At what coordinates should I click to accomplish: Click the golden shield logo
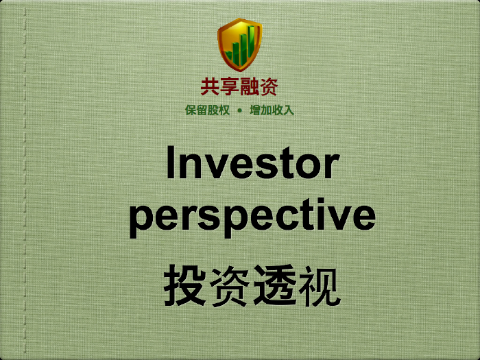240,45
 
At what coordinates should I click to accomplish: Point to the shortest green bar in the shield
228,56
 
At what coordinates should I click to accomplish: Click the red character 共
211,86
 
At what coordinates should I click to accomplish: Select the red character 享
230,86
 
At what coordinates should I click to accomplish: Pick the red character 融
249,86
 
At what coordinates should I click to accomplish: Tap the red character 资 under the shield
269,86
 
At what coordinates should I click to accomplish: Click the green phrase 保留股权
207,110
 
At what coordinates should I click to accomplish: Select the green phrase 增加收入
272,110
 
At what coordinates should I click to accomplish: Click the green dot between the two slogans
240,110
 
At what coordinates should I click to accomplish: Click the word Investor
253,163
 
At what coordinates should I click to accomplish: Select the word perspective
252,217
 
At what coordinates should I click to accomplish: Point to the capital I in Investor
171,163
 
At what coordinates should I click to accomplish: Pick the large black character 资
230,286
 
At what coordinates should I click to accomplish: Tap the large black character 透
275,286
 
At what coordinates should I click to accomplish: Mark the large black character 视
319,286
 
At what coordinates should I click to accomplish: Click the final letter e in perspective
364,218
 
